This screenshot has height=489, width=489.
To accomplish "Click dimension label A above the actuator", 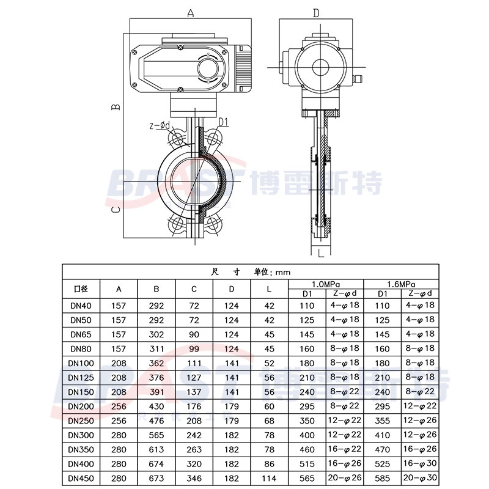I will [x=191, y=12].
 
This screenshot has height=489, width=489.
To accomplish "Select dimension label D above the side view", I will [x=316, y=13].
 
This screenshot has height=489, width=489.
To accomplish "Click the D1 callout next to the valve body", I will [x=223, y=122].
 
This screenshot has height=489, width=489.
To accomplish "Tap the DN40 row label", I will [x=81, y=305].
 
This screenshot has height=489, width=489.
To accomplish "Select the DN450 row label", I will [x=81, y=477].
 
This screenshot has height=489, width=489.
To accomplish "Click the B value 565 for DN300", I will [x=157, y=435].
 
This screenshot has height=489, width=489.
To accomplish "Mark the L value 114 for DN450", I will [x=270, y=477].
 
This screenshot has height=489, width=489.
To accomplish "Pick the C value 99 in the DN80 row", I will [x=194, y=348].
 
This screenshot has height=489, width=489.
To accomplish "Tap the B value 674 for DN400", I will [x=157, y=463].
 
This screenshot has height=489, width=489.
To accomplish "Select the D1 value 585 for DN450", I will [x=382, y=477].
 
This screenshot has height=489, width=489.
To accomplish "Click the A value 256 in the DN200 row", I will [x=119, y=406].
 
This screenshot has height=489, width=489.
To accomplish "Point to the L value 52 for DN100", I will [x=270, y=363].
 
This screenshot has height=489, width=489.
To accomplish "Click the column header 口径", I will [x=81, y=289].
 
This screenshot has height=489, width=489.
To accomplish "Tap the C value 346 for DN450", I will [x=194, y=477].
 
